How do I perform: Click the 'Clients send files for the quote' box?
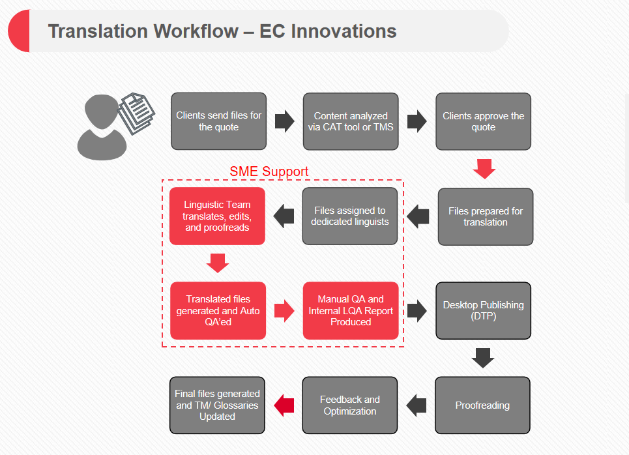click(218, 121)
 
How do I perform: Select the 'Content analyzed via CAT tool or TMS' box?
click(351, 121)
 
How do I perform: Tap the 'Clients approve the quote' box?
click(483, 121)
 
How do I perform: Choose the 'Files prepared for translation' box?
click(485, 216)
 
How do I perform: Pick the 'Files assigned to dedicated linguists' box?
click(350, 216)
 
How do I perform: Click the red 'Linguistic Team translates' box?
click(217, 216)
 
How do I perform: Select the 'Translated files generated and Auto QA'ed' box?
click(218, 310)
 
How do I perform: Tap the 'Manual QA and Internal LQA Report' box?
click(351, 310)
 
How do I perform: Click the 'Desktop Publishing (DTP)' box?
click(483, 310)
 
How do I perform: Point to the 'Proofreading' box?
click(482, 405)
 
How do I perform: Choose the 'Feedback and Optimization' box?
click(349, 405)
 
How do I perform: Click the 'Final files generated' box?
click(217, 405)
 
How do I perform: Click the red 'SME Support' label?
click(269, 171)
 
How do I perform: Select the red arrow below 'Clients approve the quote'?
click(484, 168)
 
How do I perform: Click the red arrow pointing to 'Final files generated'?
click(284, 405)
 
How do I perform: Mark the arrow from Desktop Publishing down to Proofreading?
click(483, 357)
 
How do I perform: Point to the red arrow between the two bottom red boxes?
click(284, 311)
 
